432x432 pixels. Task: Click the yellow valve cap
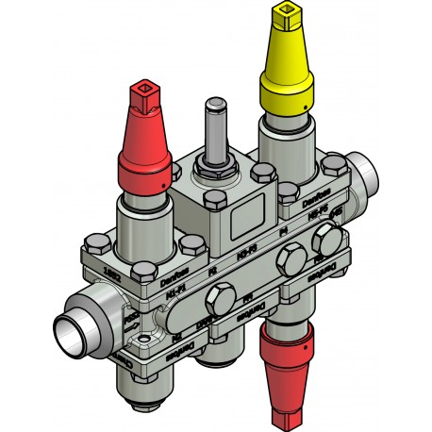[289, 66]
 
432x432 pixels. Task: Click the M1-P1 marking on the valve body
[175, 294]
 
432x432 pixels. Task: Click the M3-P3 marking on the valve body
[245, 253]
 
